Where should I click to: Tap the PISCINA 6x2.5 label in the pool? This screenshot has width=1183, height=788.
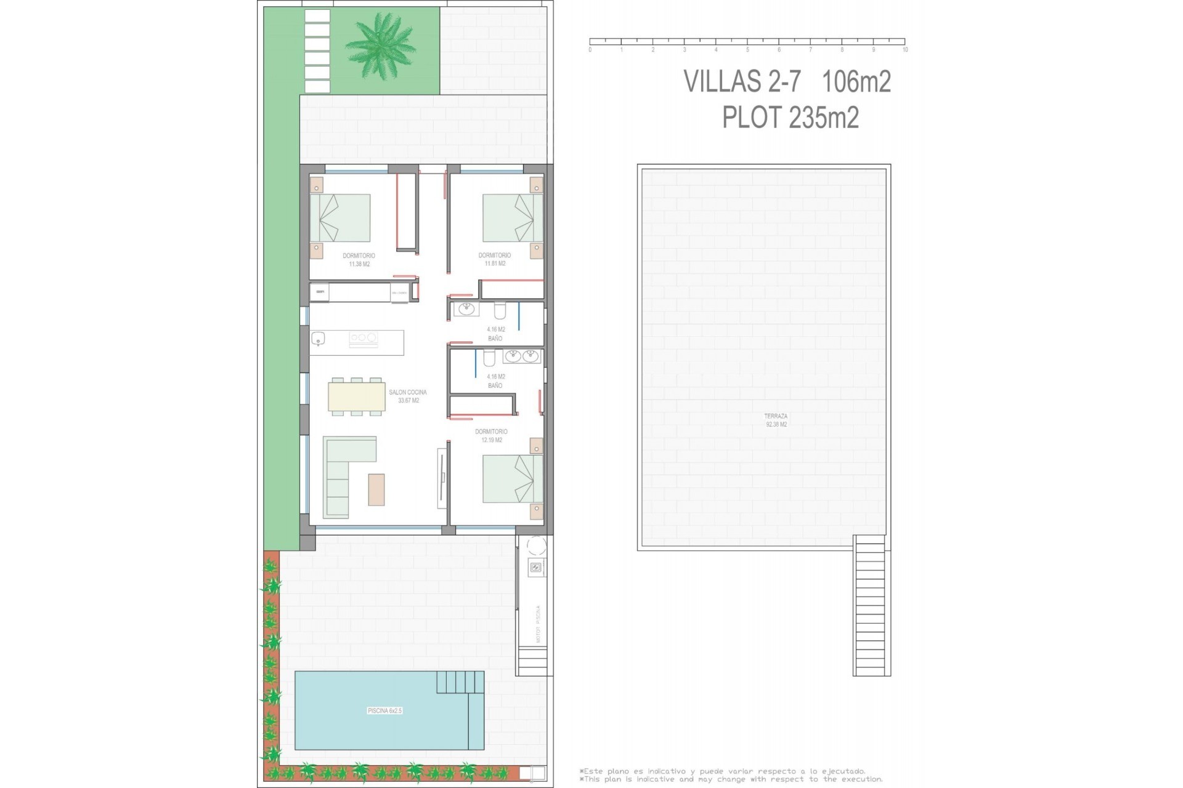pyautogui.click(x=384, y=710)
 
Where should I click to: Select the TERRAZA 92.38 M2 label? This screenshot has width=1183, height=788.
pyautogui.click(x=776, y=420)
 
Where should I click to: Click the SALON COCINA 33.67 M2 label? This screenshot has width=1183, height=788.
pyautogui.click(x=408, y=396)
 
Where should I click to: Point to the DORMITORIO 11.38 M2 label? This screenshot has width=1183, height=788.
pyautogui.click(x=359, y=259)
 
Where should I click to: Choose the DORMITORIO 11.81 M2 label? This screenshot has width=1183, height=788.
pyautogui.click(x=495, y=259)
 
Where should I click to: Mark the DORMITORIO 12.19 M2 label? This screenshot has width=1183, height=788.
pyautogui.click(x=491, y=436)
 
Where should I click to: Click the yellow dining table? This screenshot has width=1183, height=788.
pyautogui.click(x=357, y=396)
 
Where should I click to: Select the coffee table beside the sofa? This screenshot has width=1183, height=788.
pyautogui.click(x=376, y=489)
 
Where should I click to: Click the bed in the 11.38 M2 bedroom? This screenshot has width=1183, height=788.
pyautogui.click(x=340, y=218)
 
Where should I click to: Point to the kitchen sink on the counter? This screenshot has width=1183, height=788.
pyautogui.click(x=318, y=338)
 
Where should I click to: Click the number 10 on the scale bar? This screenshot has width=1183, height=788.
pyautogui.click(x=905, y=50)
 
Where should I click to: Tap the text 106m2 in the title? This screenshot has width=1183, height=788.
pyautogui.click(x=856, y=81)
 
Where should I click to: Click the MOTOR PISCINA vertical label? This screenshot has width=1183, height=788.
pyautogui.click(x=538, y=624)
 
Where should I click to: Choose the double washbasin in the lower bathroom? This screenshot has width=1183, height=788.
pyautogui.click(x=521, y=356)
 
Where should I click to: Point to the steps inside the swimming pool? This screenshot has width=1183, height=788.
pyautogui.click(x=460, y=681)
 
